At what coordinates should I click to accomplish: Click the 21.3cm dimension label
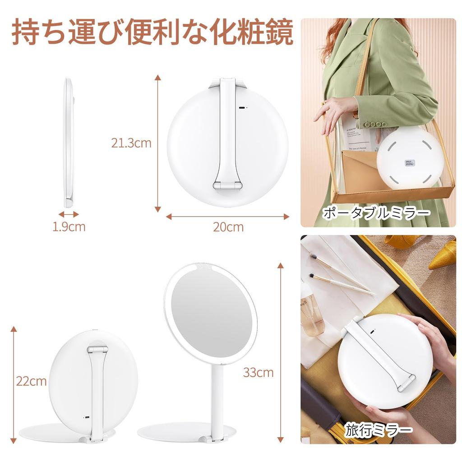click(131, 143)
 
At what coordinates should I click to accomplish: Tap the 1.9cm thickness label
click(69, 226)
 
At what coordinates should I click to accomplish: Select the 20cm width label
click(228, 226)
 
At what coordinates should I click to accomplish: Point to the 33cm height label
click(258, 372)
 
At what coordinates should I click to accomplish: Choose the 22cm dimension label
click(32, 381)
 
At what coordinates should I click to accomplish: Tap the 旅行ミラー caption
click(379, 430)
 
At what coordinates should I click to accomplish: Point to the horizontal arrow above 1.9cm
click(69, 214)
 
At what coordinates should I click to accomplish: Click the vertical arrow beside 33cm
click(281, 352)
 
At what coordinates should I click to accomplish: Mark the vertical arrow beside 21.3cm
click(157, 143)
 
